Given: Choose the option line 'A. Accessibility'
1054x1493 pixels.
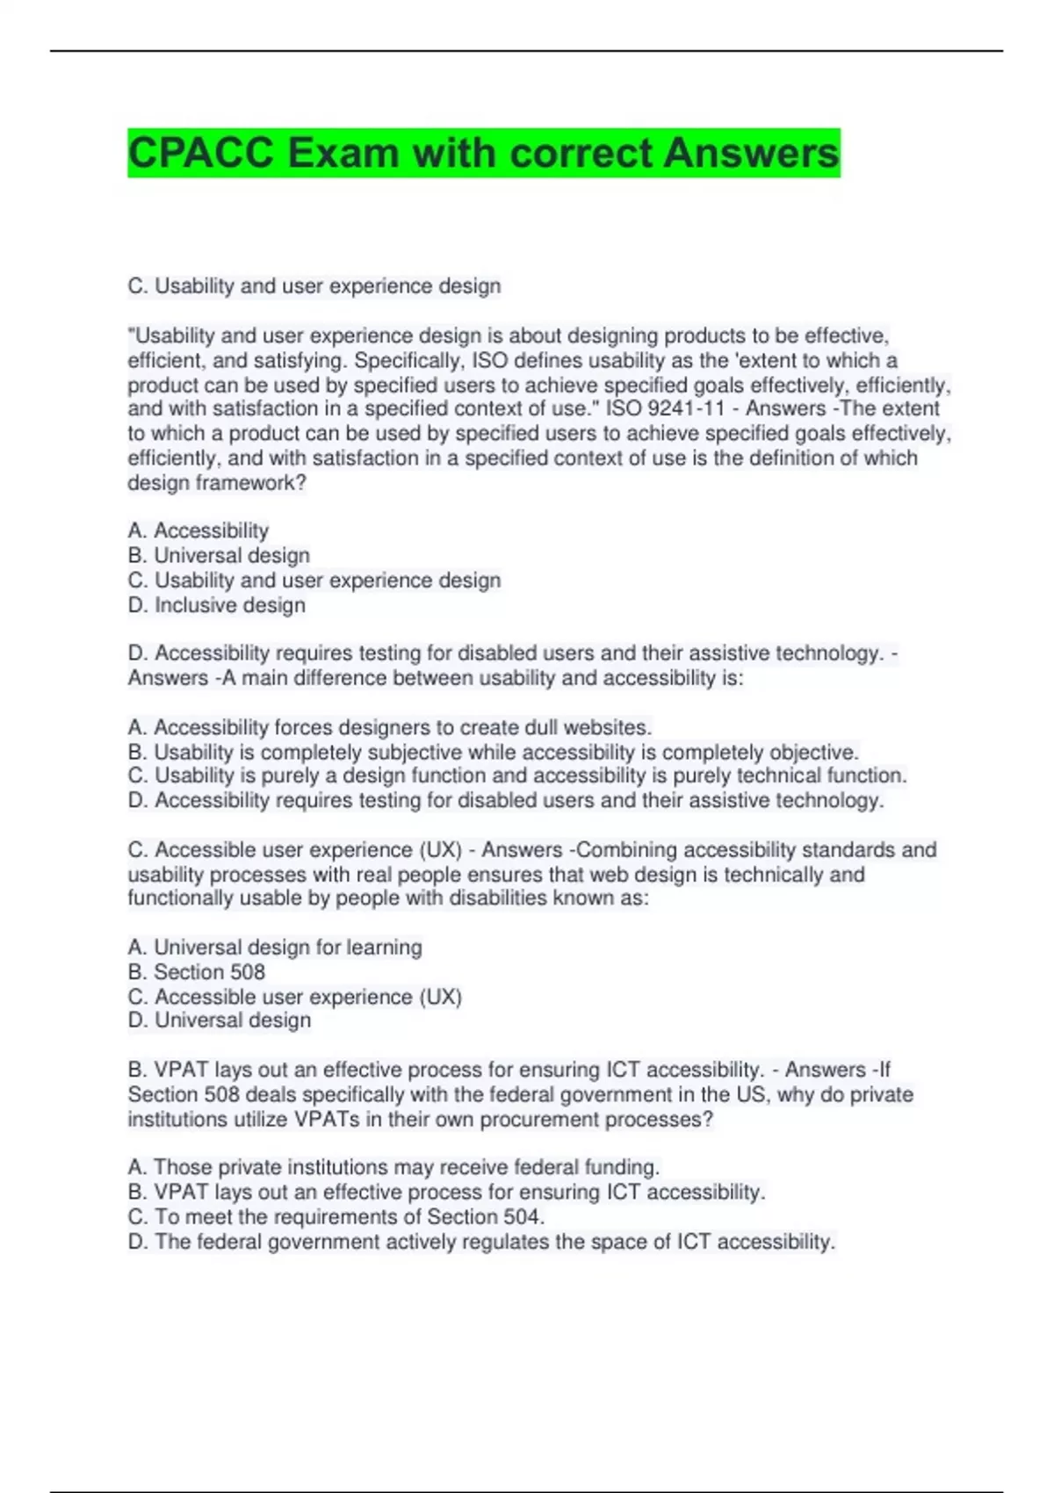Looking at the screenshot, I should pyautogui.click(x=199, y=530).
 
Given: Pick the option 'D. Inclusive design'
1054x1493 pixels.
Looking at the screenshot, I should pyautogui.click(x=217, y=605).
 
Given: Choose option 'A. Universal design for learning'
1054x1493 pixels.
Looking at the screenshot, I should pyautogui.click(x=275, y=948).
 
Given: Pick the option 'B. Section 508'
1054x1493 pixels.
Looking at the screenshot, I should pyautogui.click(x=197, y=972).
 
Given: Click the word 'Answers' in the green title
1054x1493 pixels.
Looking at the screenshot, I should pyautogui.click(x=751, y=153).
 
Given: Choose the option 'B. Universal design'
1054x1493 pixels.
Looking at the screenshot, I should pyautogui.click(x=219, y=556).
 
